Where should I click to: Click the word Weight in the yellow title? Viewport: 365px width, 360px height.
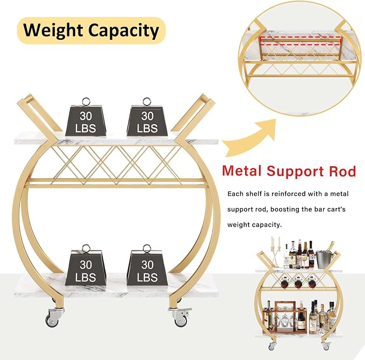tap(53, 31)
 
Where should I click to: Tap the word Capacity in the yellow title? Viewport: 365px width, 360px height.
tap(124, 31)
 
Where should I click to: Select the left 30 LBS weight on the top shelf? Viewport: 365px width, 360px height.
tap(85, 117)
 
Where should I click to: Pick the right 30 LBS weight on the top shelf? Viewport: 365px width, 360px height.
tap(147, 117)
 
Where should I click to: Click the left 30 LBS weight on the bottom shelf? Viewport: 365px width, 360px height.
tap(85, 265)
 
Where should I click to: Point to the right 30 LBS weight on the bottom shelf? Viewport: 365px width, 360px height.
tap(147, 265)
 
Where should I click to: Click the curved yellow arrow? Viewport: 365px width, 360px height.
tap(251, 137)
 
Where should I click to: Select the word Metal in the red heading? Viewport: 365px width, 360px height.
tap(242, 171)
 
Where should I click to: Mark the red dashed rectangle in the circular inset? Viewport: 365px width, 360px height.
tap(300, 40)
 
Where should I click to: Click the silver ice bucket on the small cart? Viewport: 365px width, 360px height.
tap(323, 259)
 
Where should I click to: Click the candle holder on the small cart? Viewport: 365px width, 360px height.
tap(276, 252)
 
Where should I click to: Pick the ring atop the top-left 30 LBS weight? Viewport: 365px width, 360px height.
tap(86, 102)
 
